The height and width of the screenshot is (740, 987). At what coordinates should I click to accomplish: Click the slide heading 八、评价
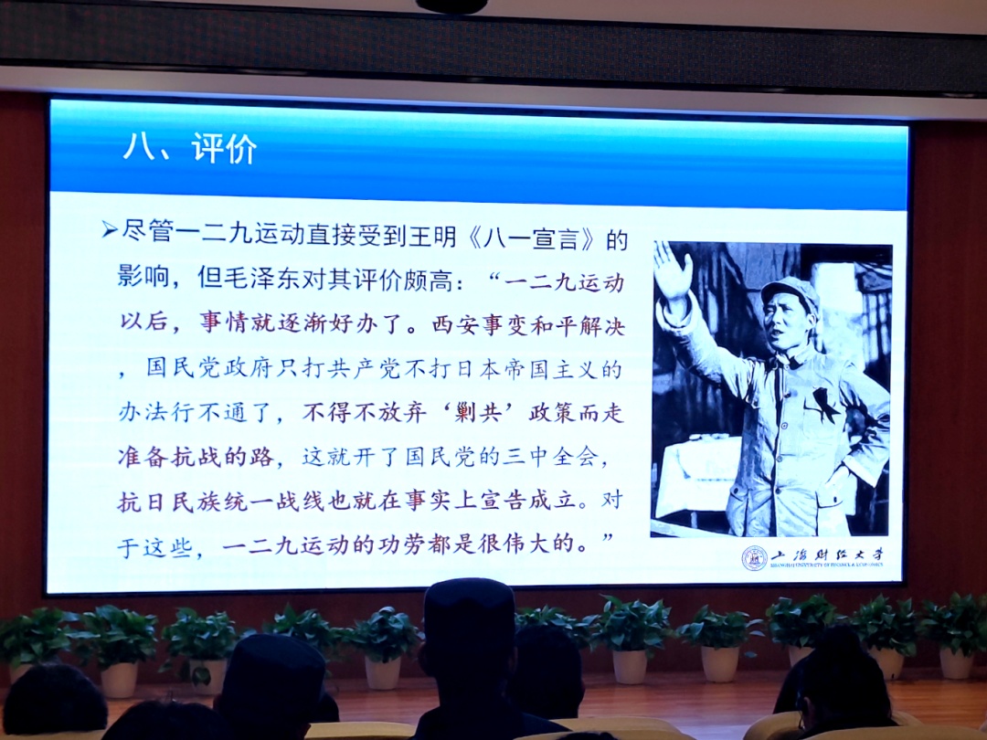[190, 149]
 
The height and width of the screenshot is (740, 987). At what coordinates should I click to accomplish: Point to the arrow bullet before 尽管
[110, 229]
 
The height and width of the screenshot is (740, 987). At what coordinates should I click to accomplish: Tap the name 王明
[434, 236]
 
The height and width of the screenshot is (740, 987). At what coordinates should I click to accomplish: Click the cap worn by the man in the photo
[790, 292]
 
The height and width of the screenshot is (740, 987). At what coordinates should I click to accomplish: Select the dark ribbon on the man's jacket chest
[825, 404]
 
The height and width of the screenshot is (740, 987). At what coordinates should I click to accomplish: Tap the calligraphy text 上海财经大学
[827, 555]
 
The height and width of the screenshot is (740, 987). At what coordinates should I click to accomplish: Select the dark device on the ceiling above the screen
[451, 5]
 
